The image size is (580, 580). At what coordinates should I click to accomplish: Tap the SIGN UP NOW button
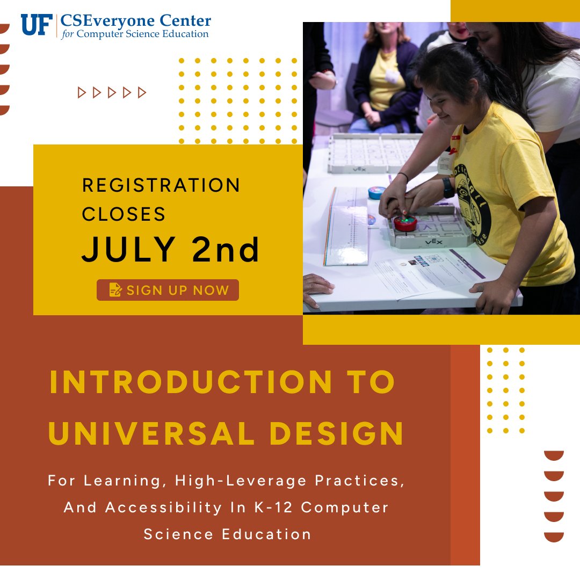point(168,290)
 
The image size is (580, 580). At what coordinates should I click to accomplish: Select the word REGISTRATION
point(161,185)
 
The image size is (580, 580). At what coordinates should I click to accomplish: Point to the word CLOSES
point(124,214)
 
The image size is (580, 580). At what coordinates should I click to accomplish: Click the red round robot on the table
point(405,223)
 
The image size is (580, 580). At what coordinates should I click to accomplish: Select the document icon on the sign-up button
point(115,290)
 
